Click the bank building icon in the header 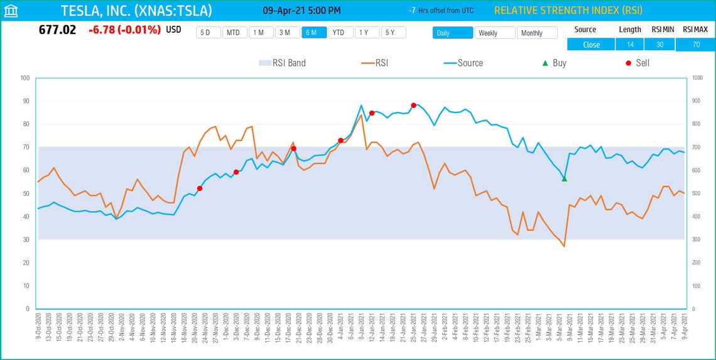11,11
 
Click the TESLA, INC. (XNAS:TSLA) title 136,11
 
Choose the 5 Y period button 389,33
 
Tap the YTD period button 338,33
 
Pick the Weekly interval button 494,33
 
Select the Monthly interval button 536,33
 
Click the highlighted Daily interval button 452,33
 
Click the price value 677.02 57,30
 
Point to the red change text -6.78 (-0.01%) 124,30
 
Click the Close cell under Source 591,45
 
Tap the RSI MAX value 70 696,45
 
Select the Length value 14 630,45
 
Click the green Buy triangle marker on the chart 564,179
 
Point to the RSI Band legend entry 282,63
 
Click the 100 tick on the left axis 25,78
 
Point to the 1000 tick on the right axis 697,78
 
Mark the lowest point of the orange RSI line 564,246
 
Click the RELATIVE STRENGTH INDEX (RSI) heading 568,11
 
